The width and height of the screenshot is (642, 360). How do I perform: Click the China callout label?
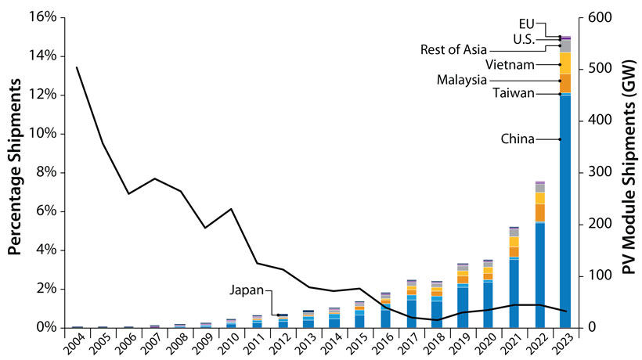coord(518,139)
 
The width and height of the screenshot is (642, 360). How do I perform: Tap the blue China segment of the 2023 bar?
coord(564,211)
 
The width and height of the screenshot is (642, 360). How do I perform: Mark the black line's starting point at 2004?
coord(77,67)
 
